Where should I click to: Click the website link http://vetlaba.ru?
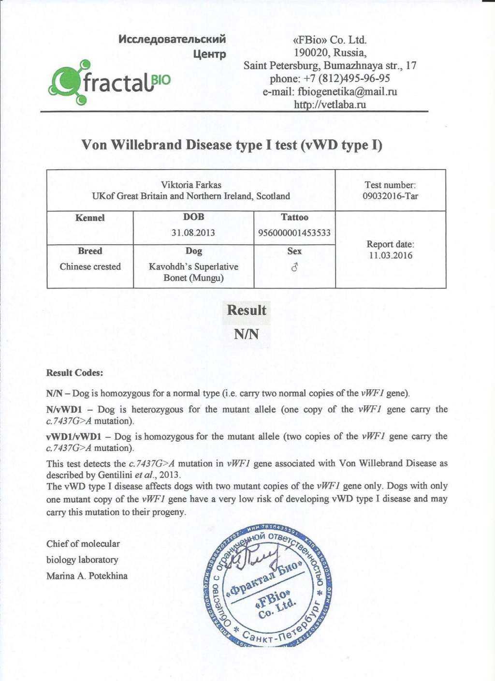(330, 104)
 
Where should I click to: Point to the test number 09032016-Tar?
(390, 196)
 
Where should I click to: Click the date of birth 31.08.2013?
(193, 233)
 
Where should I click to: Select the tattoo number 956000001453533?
(294, 233)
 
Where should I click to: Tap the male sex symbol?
(294, 267)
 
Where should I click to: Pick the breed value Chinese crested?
(90, 266)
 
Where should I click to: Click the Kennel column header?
(90, 218)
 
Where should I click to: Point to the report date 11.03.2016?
(391, 255)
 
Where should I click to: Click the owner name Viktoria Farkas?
(191, 185)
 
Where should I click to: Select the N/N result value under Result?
(247, 334)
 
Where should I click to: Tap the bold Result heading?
(247, 311)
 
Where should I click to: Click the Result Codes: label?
(74, 373)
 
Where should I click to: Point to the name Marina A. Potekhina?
(87, 576)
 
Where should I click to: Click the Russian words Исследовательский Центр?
(173, 45)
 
